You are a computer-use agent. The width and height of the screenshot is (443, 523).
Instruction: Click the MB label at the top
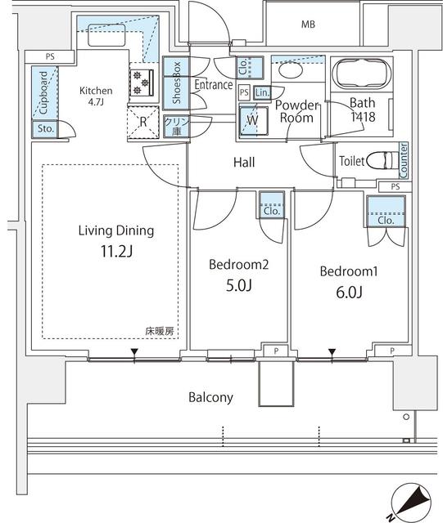coord(308,25)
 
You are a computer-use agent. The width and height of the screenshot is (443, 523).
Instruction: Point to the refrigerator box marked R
coord(143,123)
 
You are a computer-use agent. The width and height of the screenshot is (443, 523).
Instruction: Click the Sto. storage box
coord(43,129)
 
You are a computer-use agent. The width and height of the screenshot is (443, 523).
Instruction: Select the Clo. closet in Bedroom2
coord(272,211)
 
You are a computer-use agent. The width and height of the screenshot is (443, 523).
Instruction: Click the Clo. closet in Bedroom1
coord(385,220)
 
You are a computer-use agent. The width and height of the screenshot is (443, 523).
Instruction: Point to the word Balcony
coord(210,398)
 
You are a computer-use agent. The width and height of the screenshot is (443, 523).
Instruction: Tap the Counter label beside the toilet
coord(404,160)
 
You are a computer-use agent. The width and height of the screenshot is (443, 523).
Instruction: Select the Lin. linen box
coord(261,93)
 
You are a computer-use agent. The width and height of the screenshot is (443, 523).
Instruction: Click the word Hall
coord(244,163)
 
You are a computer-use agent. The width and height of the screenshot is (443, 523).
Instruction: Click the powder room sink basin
coord(288,71)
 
